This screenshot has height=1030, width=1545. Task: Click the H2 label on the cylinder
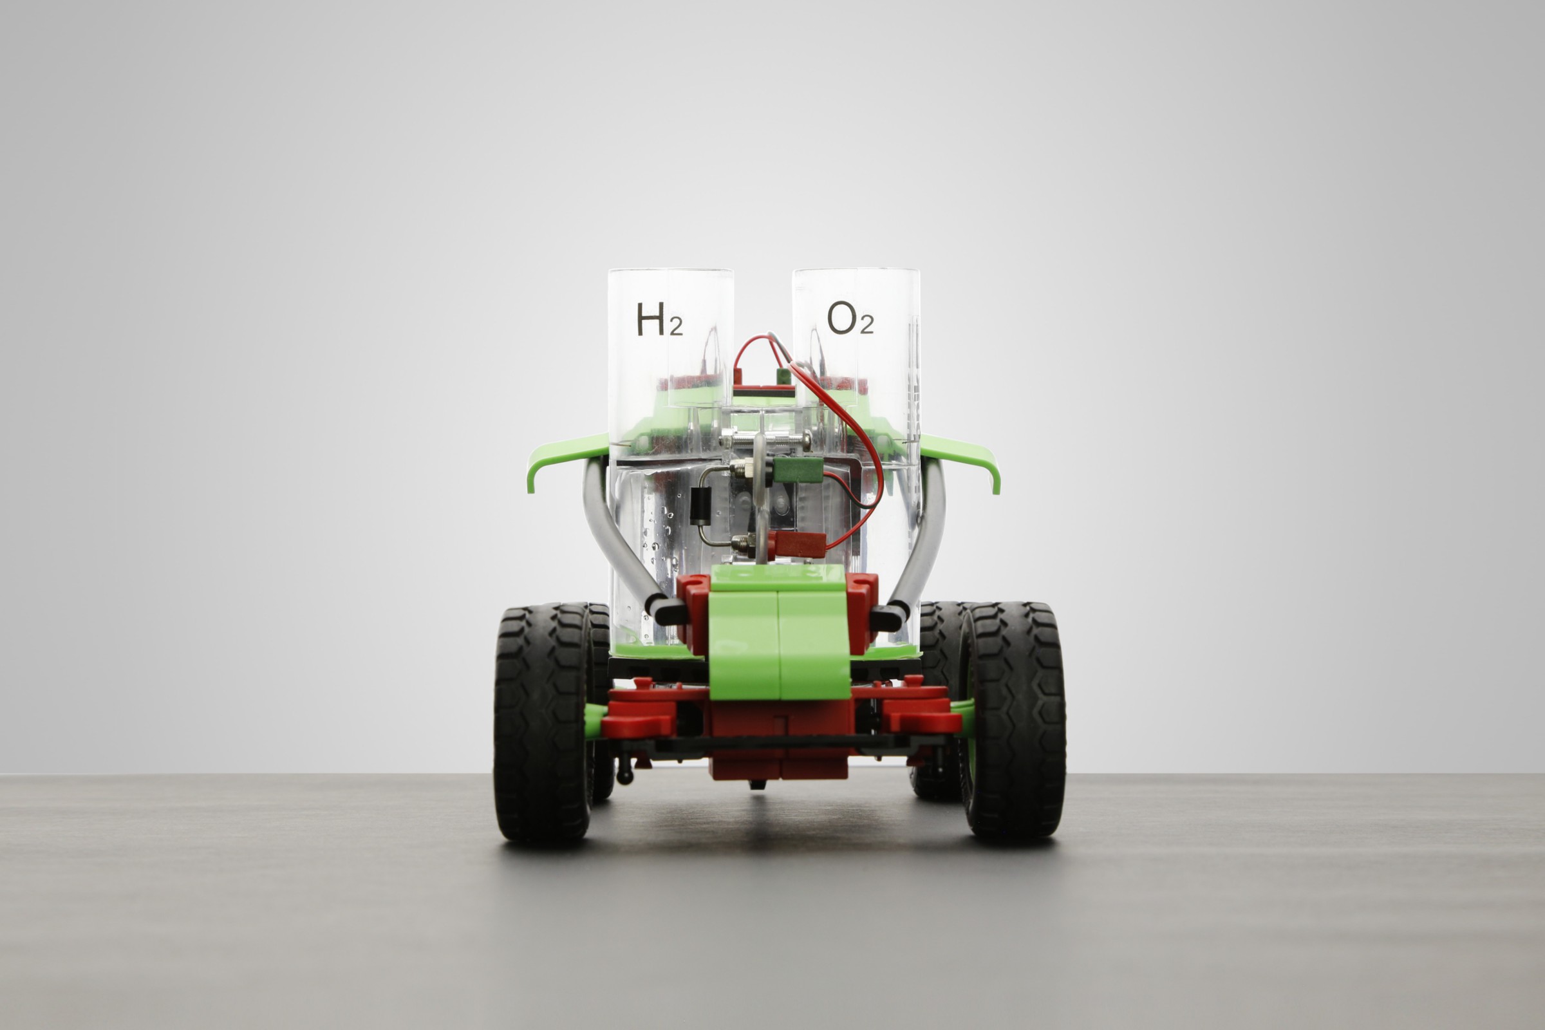click(x=659, y=319)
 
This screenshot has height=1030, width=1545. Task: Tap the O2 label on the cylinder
click(x=850, y=318)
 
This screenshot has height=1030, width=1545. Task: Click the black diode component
click(x=699, y=505)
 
